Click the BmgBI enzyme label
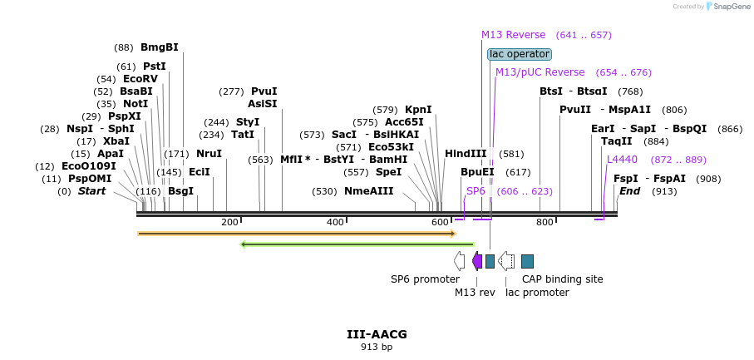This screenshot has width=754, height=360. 159,47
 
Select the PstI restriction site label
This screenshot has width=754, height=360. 154,67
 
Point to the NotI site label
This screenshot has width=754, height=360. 136,104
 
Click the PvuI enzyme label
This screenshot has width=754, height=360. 264,91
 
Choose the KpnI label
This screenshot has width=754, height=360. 418,110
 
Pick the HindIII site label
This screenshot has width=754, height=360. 466,154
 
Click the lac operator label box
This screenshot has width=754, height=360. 520,54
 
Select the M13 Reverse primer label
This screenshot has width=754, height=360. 513,35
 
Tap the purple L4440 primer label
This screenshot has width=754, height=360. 622,159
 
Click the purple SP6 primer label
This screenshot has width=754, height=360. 476,191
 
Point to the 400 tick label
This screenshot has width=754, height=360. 335,222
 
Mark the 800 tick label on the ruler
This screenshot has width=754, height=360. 545,222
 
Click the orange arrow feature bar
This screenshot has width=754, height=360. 296,234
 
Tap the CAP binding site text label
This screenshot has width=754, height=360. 562,279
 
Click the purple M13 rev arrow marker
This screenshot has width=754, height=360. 477,261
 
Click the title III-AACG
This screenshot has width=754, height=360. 377,334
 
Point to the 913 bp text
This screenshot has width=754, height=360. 377,348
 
